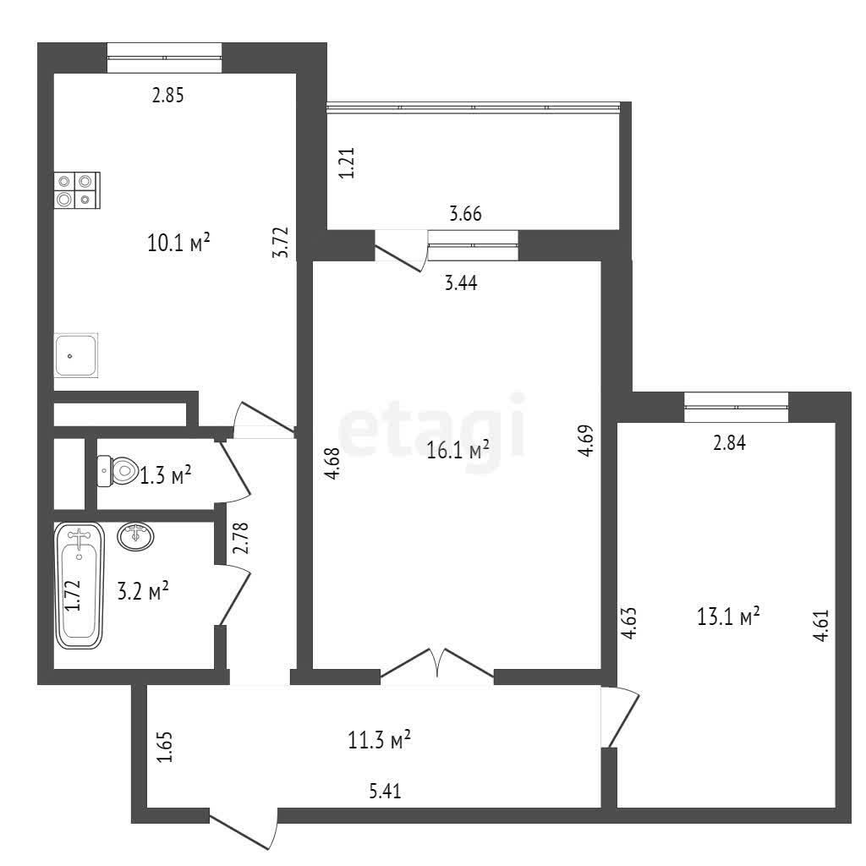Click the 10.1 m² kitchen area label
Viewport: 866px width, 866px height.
click(x=178, y=242)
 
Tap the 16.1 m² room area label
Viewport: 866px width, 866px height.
click(x=458, y=450)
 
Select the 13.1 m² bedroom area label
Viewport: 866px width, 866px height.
click(x=728, y=616)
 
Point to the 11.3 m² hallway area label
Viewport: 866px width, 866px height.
click(x=379, y=739)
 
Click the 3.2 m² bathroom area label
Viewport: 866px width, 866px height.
click(x=143, y=590)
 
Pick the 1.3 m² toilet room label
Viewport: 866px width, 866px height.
click(x=165, y=475)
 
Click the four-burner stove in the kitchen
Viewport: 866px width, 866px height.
click(x=77, y=190)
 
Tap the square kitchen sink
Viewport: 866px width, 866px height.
click(x=75, y=355)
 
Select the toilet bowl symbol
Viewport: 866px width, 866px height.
click(x=117, y=471)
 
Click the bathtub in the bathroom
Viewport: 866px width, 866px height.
click(x=79, y=585)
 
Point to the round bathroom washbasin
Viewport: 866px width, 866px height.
click(x=135, y=536)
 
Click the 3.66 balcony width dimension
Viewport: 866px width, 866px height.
click(x=465, y=213)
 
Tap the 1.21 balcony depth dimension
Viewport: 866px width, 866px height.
click(x=347, y=162)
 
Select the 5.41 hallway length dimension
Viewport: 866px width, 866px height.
click(x=385, y=791)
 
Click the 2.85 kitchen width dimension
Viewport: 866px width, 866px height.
click(x=167, y=96)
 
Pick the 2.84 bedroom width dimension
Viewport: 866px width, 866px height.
click(x=729, y=442)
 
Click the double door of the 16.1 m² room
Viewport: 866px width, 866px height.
click(x=437, y=663)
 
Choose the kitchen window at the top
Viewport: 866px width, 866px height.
click(x=165, y=58)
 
